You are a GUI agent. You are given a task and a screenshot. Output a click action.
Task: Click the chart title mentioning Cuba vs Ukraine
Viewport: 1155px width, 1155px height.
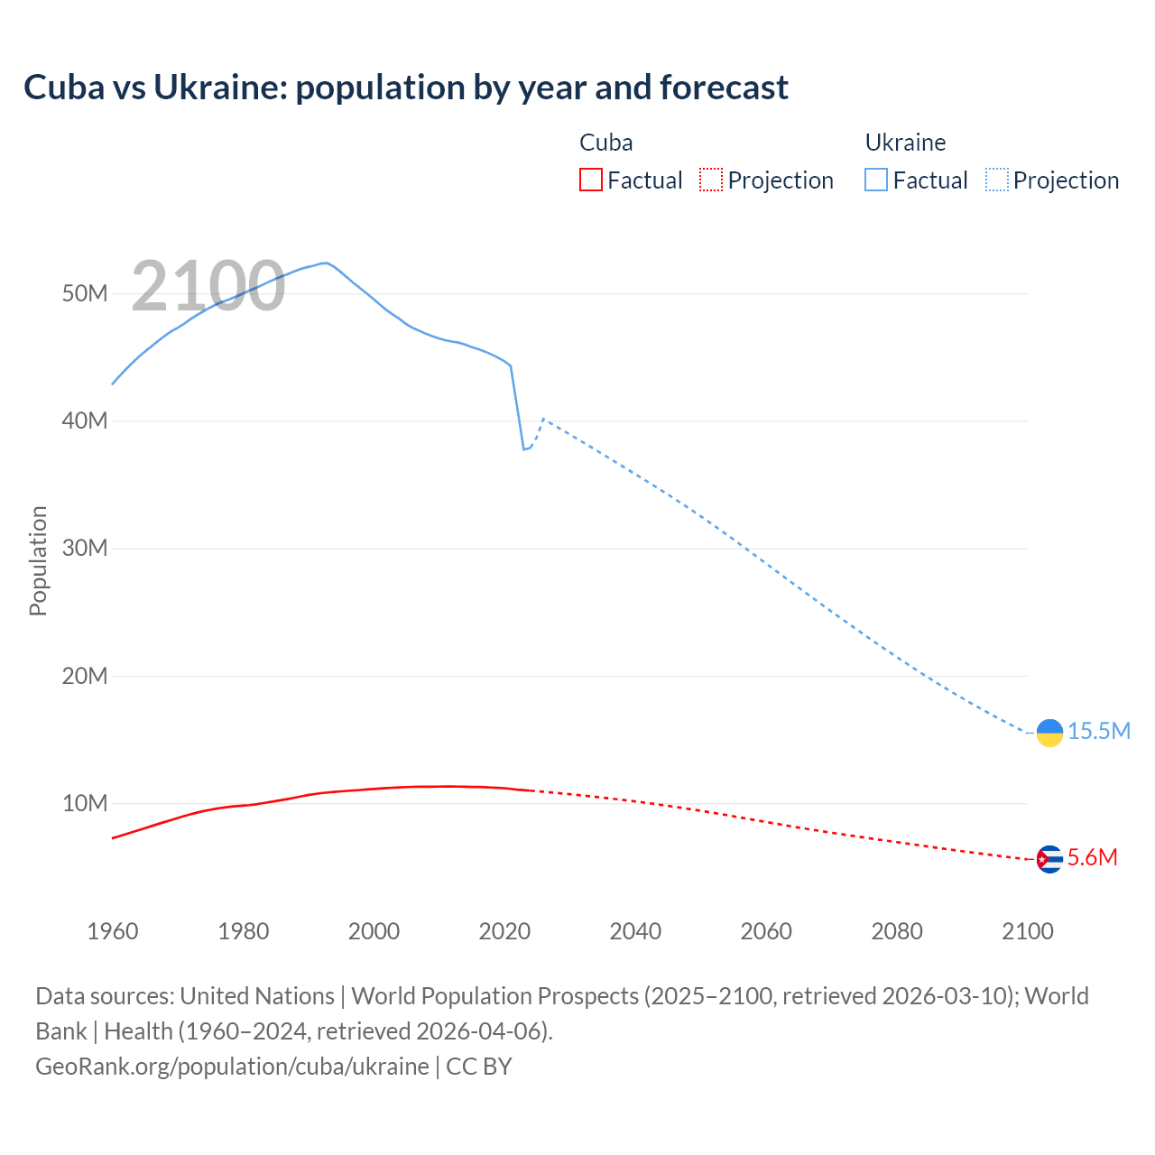click(x=406, y=88)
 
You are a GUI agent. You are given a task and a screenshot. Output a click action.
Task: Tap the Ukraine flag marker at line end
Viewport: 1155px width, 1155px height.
click(x=1049, y=733)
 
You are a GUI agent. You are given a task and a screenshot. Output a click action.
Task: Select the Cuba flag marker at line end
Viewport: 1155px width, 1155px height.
click(x=1049, y=859)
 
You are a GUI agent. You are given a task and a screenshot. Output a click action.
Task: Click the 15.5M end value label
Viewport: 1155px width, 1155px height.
click(x=1099, y=731)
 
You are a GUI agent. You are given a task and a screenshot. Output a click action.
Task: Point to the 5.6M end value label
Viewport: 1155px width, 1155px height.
click(x=1092, y=857)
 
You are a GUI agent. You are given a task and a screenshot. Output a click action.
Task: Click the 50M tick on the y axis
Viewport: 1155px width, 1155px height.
click(x=85, y=294)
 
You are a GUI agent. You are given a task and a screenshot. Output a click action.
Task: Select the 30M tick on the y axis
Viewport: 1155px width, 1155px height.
click(x=85, y=549)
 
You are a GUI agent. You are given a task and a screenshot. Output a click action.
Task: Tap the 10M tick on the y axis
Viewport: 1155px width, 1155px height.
click(x=85, y=803)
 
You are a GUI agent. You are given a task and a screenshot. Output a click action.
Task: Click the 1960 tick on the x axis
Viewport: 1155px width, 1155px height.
click(x=113, y=931)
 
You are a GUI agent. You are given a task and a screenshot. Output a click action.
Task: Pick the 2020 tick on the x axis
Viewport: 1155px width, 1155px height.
click(x=504, y=931)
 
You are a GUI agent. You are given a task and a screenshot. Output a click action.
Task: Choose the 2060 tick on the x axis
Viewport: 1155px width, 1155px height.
click(x=766, y=931)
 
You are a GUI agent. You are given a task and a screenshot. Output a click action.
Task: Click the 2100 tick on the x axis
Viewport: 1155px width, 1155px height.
click(x=1027, y=931)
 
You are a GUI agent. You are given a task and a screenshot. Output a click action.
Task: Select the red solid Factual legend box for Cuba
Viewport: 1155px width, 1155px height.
click(x=591, y=180)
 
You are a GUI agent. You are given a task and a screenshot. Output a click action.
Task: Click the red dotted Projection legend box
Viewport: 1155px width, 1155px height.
click(x=711, y=180)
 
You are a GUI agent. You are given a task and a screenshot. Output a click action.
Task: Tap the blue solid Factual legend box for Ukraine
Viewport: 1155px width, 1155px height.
click(x=876, y=180)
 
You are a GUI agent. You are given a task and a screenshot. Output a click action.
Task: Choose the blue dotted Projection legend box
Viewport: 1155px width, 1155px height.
click(x=997, y=180)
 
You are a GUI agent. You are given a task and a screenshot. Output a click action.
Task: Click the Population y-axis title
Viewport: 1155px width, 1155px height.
click(x=38, y=560)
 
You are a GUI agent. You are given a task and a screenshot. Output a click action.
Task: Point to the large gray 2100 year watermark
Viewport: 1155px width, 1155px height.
click(x=208, y=286)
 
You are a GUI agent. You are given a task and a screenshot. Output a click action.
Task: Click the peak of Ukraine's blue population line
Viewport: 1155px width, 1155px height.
click(x=325, y=263)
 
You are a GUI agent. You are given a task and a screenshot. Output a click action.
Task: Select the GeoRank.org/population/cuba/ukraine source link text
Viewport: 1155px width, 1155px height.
click(x=232, y=1067)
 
